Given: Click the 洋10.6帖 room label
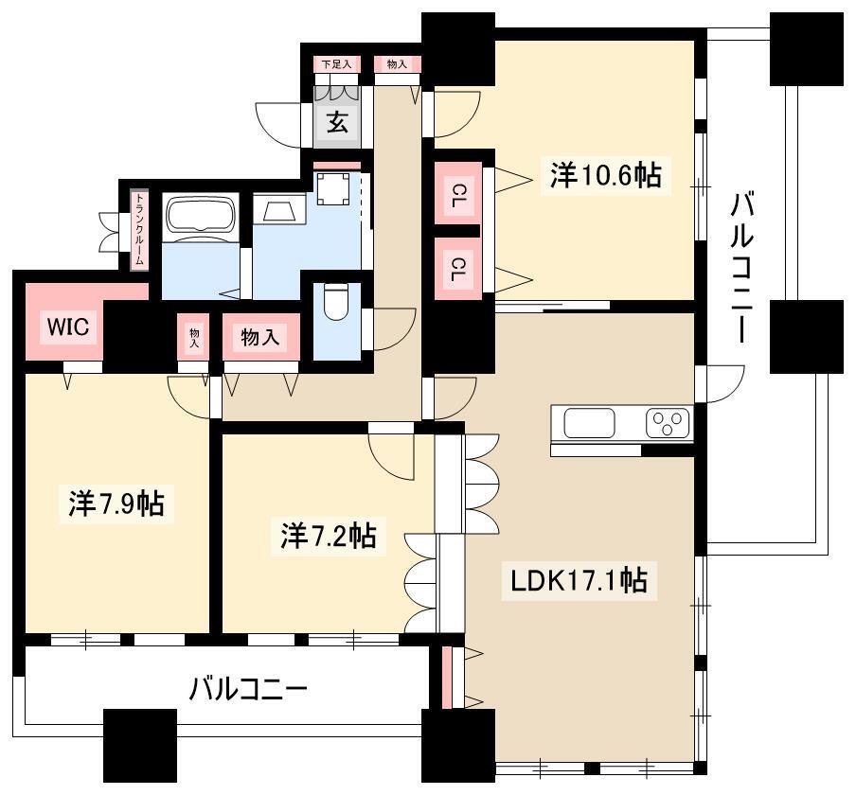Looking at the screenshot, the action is (605, 176).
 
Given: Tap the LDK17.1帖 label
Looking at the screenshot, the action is (579, 580).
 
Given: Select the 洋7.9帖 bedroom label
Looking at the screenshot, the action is (116, 503).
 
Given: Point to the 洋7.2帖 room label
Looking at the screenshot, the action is (328, 536).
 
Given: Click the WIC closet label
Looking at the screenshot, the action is (68, 327).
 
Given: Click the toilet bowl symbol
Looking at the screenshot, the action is (335, 303).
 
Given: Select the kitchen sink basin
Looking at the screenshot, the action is (589, 423).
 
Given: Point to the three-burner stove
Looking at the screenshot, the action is (668, 423).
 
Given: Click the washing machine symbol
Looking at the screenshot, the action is (333, 188).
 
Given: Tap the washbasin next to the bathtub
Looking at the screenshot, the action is (279, 209).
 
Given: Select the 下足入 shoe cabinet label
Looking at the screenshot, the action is (337, 64).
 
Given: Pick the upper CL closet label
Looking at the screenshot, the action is (458, 195).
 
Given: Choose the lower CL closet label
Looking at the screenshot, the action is (458, 269).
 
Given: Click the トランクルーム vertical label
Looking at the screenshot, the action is (140, 229).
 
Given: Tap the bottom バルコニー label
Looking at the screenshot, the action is (248, 689).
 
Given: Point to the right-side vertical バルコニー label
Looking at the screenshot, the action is (742, 267).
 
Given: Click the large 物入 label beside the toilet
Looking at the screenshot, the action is (260, 337).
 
